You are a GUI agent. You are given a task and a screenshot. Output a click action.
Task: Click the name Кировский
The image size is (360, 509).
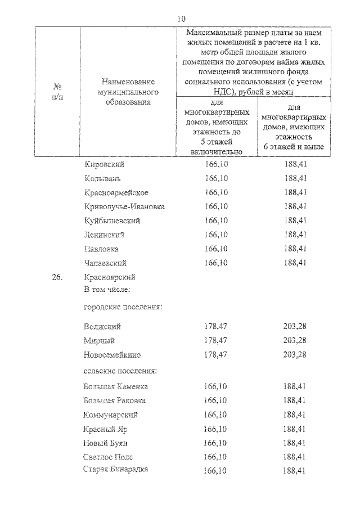(x=104, y=164)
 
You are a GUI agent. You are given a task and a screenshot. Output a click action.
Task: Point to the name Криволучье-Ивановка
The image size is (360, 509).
(x=124, y=206)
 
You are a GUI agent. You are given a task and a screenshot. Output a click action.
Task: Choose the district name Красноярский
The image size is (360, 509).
(x=110, y=277)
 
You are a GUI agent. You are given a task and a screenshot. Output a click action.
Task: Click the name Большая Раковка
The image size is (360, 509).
(x=114, y=400)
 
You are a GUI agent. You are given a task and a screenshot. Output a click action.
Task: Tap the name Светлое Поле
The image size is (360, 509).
(x=108, y=457)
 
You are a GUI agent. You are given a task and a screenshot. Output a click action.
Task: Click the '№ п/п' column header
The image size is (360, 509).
(x=57, y=92)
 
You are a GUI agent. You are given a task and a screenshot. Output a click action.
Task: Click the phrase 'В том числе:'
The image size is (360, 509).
(x=107, y=290)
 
